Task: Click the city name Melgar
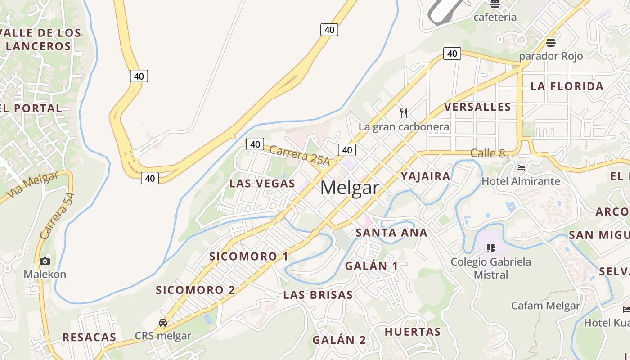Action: click(350, 188)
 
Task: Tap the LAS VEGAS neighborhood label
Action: click(262, 184)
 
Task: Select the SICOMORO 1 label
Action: click(248, 256)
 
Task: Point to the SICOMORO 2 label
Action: click(195, 290)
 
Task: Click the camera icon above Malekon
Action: click(45, 261)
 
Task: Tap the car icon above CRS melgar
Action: click(163, 323)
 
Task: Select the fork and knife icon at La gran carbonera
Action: click(404, 113)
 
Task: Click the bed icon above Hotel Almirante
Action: click(521, 168)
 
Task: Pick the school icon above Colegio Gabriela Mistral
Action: click(491, 248)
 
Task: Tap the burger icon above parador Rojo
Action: click(550, 43)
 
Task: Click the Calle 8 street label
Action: click(487, 153)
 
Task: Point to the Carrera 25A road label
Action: click(300, 156)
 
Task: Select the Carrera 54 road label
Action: click(57, 216)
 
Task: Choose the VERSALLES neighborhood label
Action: click(477, 107)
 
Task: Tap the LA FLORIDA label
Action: click(567, 86)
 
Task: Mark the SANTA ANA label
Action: click(391, 233)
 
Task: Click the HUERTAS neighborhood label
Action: click(412, 332)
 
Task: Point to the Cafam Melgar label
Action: click(545, 306)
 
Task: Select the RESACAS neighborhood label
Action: click(89, 337)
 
